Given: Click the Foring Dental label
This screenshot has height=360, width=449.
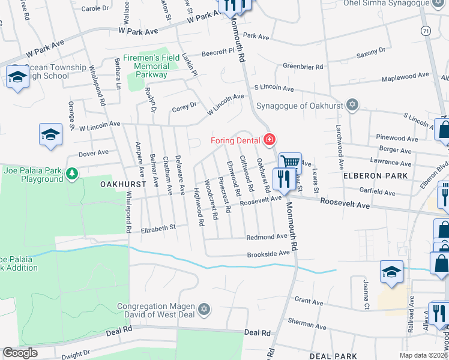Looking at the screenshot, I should (235, 141).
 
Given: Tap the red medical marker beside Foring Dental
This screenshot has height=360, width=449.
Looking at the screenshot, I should (270, 140).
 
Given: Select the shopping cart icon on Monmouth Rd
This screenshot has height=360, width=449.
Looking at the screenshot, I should (291, 162).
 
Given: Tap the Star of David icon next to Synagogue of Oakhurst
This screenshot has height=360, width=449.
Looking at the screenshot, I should (352, 106).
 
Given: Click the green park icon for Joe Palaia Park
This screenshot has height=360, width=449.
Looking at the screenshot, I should (72, 174).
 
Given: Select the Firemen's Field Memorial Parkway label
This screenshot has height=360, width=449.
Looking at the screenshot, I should (144, 67).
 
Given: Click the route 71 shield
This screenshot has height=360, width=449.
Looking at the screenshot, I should (425, 31).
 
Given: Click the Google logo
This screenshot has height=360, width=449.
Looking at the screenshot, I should (20, 353).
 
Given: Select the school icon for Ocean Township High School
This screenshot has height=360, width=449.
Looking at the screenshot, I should (17, 77).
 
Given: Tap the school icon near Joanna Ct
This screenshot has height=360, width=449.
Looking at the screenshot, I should (391, 271).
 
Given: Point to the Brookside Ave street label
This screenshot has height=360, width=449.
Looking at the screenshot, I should (269, 254).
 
